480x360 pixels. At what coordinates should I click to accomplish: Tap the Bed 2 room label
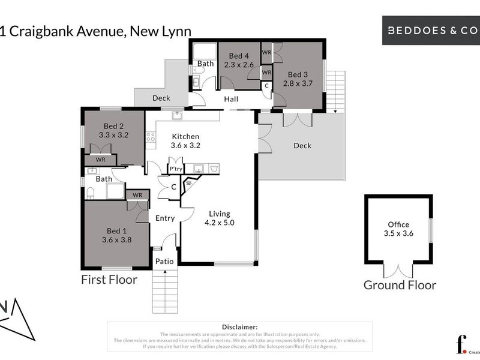click(x=113, y=126)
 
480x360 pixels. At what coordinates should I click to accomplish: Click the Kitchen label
click(x=185, y=136)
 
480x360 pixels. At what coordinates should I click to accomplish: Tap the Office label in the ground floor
click(x=398, y=224)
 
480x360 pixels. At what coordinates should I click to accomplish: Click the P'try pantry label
click(x=175, y=169)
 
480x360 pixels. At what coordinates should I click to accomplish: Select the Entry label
click(x=165, y=218)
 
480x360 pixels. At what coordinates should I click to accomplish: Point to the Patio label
click(x=164, y=261)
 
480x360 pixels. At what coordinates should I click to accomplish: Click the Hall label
click(x=231, y=99)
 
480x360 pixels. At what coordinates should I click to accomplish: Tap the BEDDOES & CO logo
click(x=431, y=29)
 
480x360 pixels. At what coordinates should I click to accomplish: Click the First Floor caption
click(x=109, y=280)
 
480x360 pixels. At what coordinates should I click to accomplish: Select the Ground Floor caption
click(x=400, y=285)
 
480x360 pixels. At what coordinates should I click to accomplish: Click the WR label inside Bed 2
click(x=100, y=160)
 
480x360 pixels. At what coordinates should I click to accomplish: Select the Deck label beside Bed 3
click(x=302, y=145)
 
